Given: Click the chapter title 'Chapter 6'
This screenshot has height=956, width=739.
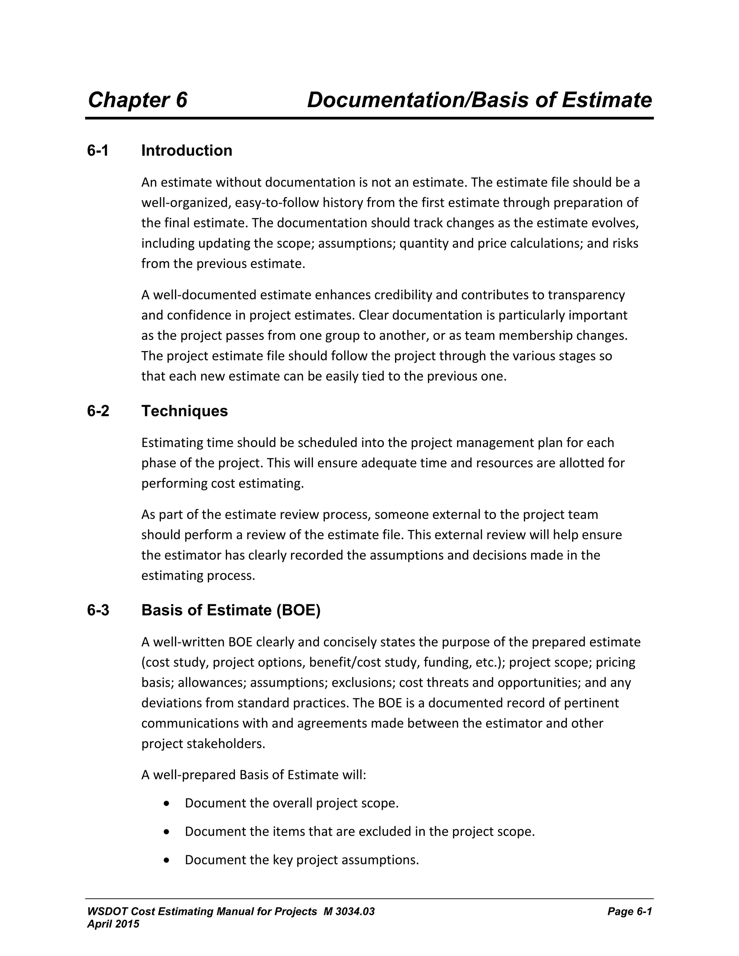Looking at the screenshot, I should (137, 100).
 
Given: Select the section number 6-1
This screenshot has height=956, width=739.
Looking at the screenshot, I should (98, 150).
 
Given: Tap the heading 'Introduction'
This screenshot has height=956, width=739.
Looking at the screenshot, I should (187, 150).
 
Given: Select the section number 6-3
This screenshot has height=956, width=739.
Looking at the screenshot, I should (98, 610).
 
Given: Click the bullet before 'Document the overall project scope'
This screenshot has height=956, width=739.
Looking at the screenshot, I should (166, 804).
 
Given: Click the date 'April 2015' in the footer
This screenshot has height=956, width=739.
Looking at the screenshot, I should (113, 924).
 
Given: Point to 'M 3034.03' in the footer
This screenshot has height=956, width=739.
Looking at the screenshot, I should (349, 912).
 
